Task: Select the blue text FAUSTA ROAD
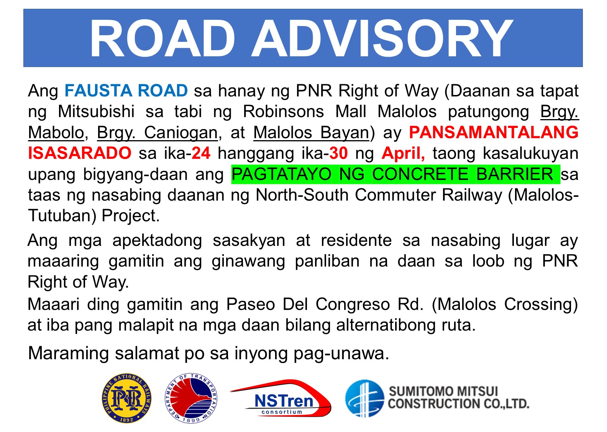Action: [x=126, y=91]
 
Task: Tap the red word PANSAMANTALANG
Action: [x=494, y=133]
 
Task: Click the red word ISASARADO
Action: [x=80, y=153]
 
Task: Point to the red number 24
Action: [x=201, y=153]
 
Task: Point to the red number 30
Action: [x=338, y=153]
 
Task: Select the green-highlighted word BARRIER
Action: [x=514, y=174]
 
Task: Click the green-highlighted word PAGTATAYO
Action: [x=281, y=174]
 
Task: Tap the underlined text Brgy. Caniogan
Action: [x=157, y=133]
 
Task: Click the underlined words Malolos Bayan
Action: [x=311, y=133]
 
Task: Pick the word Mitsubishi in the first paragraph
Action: [x=96, y=112]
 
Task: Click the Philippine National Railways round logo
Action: [x=126, y=399]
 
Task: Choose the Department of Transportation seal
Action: [x=191, y=399]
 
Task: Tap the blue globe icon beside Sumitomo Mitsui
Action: [x=364, y=399]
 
